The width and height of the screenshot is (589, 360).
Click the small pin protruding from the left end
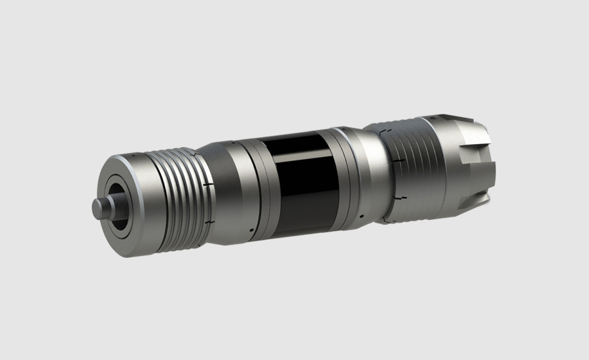tap(99, 208)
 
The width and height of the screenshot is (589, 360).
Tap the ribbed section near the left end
tap(173, 196)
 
